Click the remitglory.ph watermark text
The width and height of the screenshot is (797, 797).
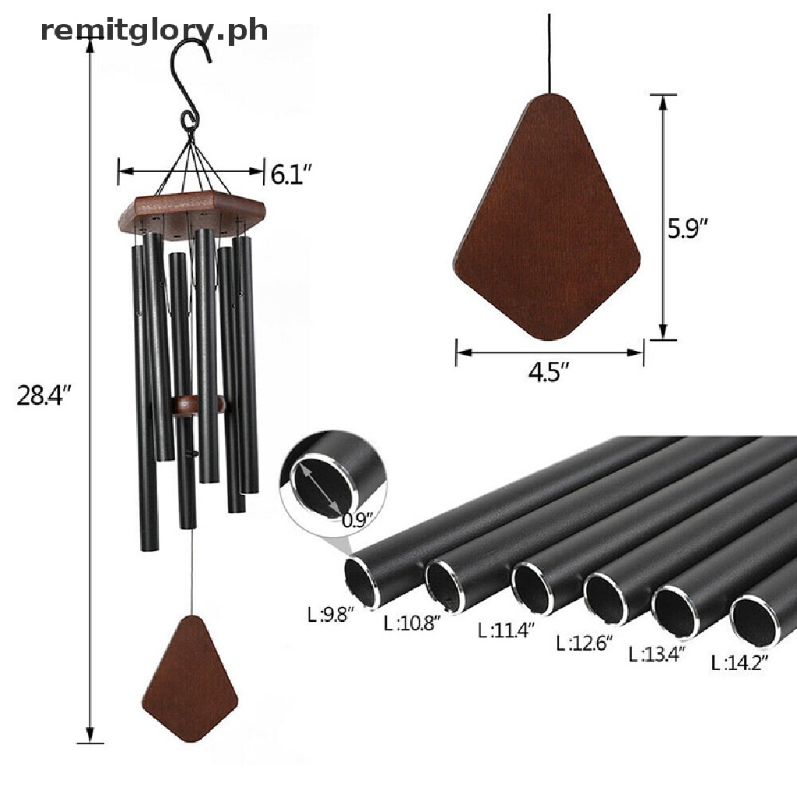pos(154,30)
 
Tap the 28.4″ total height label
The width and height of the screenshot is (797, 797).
pos(44,395)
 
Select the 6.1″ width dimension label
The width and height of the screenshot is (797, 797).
pos(291,174)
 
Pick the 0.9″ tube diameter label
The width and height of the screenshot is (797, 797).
pos(358,520)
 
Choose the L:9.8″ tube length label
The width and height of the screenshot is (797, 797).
pos(330,615)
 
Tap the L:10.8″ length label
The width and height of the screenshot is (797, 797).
pos(413,623)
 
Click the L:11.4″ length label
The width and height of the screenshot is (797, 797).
pos(507,630)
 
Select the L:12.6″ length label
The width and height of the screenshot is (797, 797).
pos(585,644)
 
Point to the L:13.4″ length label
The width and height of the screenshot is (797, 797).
pos(657,654)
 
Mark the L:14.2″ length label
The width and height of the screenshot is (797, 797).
pos(739,663)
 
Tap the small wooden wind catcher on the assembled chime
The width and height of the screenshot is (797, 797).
pos(190,678)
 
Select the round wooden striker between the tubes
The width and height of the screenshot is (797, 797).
pos(198,405)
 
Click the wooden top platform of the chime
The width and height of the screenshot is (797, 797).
pos(191,212)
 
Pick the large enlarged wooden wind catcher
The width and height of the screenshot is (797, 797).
pos(547,217)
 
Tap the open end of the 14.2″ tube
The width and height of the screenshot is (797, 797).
pos(755,622)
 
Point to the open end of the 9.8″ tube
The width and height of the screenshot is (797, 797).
pos(363,582)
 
